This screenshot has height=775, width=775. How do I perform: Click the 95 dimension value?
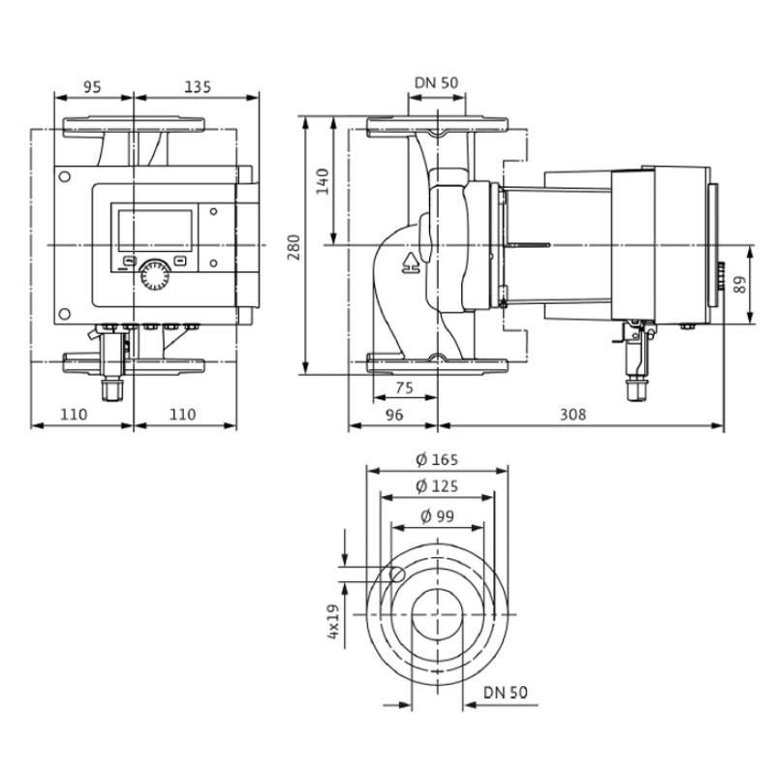(92, 87)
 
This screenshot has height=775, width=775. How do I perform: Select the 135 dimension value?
(198, 87)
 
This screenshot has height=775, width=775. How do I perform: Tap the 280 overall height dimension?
(294, 248)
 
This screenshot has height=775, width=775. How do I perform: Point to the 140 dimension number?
(323, 182)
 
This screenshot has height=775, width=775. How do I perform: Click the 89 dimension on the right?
(740, 284)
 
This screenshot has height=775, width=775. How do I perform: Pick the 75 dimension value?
(404, 388)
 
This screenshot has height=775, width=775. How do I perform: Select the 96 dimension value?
(394, 415)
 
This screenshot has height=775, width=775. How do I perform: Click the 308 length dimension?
(573, 415)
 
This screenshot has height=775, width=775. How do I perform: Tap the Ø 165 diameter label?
(437, 459)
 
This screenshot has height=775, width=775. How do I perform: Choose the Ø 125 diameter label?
(437, 486)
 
